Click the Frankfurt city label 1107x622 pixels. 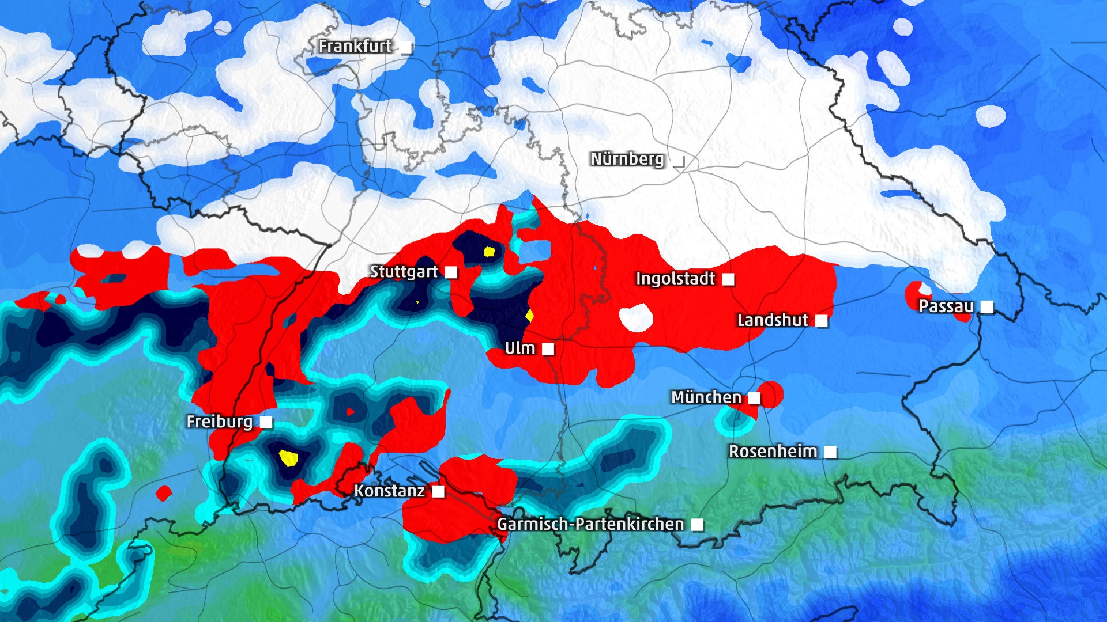pos(355,46)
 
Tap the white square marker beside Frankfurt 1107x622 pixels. pos(407,47)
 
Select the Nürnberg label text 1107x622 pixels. pos(627,159)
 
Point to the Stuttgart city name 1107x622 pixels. pos(404,271)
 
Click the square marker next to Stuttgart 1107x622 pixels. pos(451,272)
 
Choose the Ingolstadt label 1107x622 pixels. pos(675,279)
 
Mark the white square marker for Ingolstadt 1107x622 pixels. pos(729,279)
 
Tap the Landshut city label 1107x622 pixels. pos(773,320)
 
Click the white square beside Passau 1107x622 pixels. pos(987,307)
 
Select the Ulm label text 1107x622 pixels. pos(519,348)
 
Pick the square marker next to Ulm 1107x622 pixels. pos(548,348)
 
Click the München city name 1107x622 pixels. pos(706,397)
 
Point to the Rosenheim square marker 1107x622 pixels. pos(830,452)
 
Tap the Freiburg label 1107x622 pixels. pos(219,422)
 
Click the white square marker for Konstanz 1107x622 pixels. pos(438,491)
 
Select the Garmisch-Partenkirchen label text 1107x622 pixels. pos(590,524)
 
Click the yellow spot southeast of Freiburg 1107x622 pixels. pos(288,458)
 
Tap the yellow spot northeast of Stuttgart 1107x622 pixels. pos(490,251)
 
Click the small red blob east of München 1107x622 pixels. pos(771,395)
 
